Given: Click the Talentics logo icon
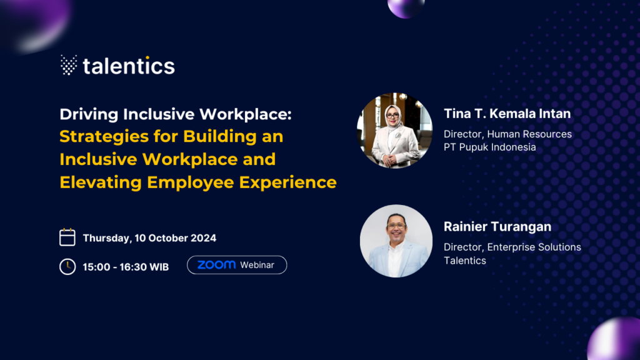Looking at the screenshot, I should click(x=69, y=65).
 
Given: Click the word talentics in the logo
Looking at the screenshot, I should click(x=129, y=66).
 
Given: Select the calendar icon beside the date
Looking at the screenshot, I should click(x=67, y=237).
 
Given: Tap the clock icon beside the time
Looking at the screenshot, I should click(x=67, y=266).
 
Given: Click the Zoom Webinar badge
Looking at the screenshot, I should click(x=237, y=265).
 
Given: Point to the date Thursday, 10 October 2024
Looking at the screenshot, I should click(x=149, y=238).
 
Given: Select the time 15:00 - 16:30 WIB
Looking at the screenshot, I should click(x=126, y=267).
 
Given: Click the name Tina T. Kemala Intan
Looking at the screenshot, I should click(x=507, y=114).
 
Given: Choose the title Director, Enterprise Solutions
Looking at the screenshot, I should click(x=512, y=247).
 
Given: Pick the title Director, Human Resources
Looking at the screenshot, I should click(x=507, y=134).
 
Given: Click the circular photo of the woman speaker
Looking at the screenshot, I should click(x=394, y=131).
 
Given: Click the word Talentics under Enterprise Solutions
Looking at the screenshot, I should click(x=464, y=261).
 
